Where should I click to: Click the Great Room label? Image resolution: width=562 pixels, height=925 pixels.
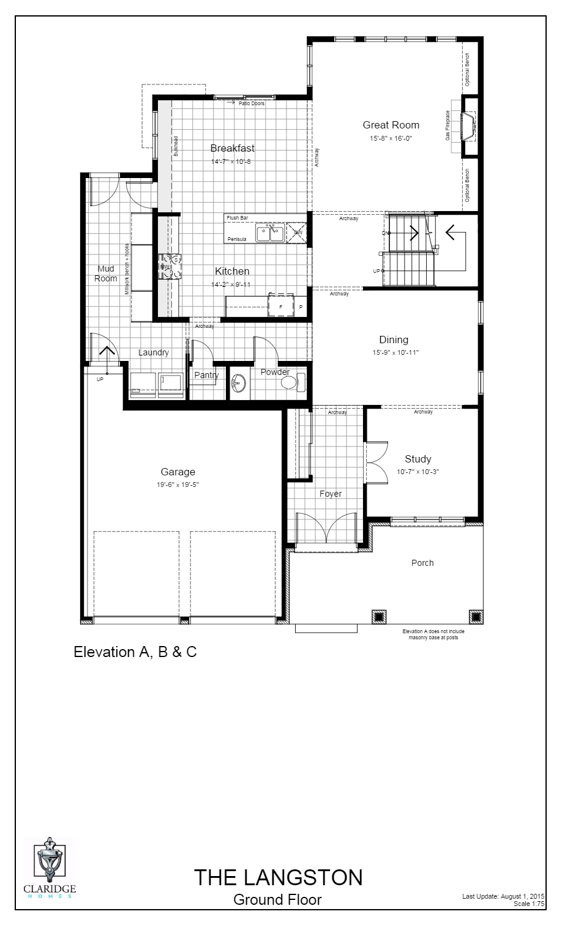click(x=391, y=125)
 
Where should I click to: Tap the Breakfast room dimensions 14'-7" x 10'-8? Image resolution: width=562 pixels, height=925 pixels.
click(x=231, y=162)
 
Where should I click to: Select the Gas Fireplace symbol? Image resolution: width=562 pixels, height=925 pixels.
click(x=468, y=125)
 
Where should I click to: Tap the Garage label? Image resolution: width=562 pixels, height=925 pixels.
click(x=178, y=472)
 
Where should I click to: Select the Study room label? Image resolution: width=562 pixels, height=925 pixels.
click(x=418, y=459)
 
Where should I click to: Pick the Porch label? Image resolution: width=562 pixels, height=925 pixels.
click(x=422, y=563)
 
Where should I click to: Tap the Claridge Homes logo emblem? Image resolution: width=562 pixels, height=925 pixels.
click(x=50, y=860)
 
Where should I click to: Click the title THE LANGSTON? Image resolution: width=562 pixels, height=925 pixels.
click(x=279, y=878)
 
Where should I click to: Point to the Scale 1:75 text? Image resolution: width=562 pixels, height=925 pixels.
click(x=529, y=903)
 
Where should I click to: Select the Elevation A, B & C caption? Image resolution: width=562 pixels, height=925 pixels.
click(x=135, y=652)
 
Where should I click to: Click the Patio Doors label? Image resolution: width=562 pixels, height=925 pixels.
click(x=251, y=103)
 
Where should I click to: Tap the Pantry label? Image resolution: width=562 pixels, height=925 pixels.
click(x=206, y=375)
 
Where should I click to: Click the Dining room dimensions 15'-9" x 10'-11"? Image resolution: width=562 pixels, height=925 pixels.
click(x=394, y=352)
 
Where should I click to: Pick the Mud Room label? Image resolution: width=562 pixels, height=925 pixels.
click(x=106, y=273)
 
